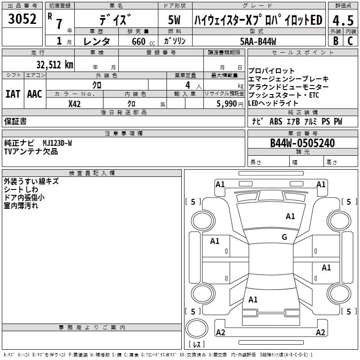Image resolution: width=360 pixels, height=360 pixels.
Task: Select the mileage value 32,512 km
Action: pos(54,64)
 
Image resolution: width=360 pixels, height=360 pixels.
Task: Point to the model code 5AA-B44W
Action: pos(258,41)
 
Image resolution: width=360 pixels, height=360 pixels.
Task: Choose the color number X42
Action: pos(74,104)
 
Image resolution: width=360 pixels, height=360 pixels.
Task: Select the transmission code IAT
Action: pos(13,94)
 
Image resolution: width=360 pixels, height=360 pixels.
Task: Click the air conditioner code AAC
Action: pos(35,94)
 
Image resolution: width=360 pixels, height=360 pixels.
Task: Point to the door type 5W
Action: pos(175,20)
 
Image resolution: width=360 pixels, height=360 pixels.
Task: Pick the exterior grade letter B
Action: pos(335,41)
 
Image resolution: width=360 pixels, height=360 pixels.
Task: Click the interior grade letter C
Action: pos(350,41)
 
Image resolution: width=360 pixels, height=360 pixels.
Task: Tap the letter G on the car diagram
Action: pos(284,237)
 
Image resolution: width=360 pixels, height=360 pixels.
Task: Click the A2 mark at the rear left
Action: pos(220,333)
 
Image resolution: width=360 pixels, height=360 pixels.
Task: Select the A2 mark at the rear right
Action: pos(320,333)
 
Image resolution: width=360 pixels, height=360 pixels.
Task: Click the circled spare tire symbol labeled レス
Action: pos(197,332)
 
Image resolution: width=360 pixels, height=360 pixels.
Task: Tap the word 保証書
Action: pos(15,121)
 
